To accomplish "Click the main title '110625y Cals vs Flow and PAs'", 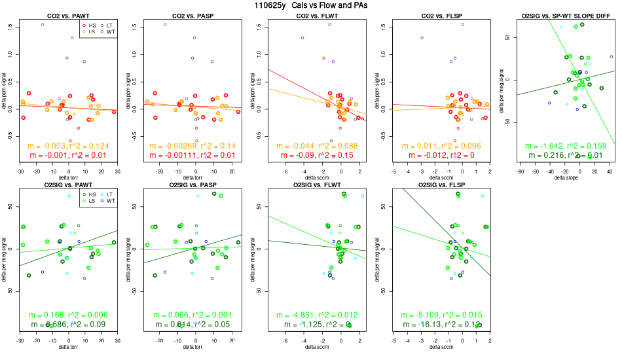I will (311, 5).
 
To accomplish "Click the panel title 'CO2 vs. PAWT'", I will (69, 14).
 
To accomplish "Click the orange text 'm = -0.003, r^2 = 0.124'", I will (69, 145).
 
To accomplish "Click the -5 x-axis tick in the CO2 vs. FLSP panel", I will (393, 171).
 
